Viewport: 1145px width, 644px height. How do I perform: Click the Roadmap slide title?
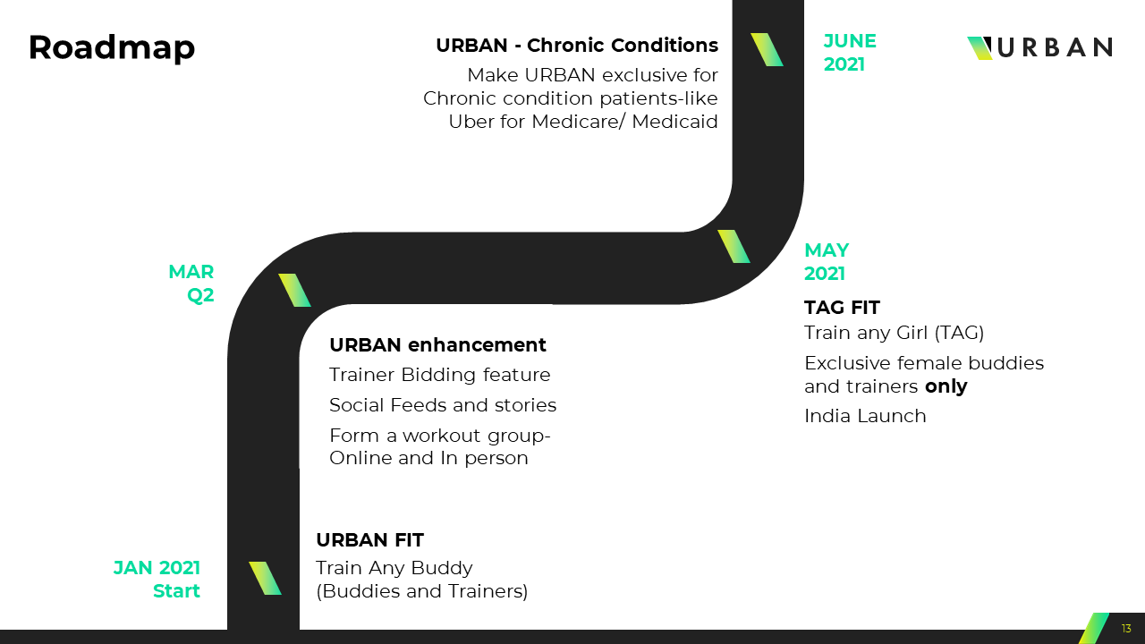click(x=112, y=48)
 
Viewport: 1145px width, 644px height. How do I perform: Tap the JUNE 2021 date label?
click(x=850, y=53)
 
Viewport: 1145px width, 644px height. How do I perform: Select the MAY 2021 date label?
click(x=827, y=262)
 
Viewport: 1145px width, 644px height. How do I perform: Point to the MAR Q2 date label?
click(x=191, y=284)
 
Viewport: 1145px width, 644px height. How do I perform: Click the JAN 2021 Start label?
click(x=157, y=579)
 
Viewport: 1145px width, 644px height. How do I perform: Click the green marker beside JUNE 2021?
click(x=767, y=49)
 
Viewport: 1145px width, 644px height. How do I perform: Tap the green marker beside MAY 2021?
click(x=734, y=246)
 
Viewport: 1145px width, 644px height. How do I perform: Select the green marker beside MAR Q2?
click(x=294, y=291)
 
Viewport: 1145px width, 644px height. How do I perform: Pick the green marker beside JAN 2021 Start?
click(x=265, y=578)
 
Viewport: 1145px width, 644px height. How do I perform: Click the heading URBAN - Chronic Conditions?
click(x=577, y=46)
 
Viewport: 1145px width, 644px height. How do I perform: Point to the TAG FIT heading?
click(x=842, y=308)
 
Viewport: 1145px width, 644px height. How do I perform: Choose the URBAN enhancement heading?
click(x=437, y=345)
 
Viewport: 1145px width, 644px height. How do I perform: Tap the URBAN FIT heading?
click(x=369, y=539)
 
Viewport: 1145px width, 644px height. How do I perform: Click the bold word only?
click(x=946, y=386)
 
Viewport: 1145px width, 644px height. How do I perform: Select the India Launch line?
click(x=865, y=416)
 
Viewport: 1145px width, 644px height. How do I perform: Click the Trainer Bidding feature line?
click(x=439, y=375)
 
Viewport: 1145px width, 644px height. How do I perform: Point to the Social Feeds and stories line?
click(x=443, y=405)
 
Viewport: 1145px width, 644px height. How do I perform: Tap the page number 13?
click(x=1126, y=628)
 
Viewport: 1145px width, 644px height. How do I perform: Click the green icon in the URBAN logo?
click(x=980, y=48)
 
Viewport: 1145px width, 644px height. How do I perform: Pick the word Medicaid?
click(x=674, y=122)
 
